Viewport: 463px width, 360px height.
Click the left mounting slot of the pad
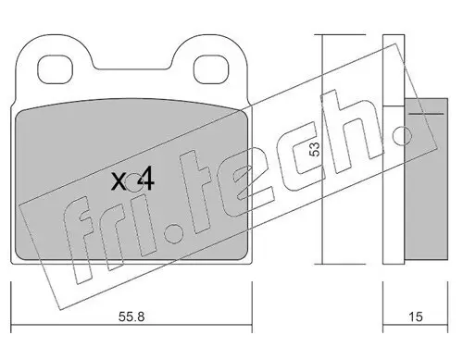[x=58, y=68]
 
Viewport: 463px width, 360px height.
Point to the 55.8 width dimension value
[x=132, y=317]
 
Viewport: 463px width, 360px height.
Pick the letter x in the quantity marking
[x=119, y=181]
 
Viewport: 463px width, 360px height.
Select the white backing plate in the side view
[x=394, y=157]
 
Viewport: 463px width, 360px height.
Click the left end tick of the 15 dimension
[x=383, y=301]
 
